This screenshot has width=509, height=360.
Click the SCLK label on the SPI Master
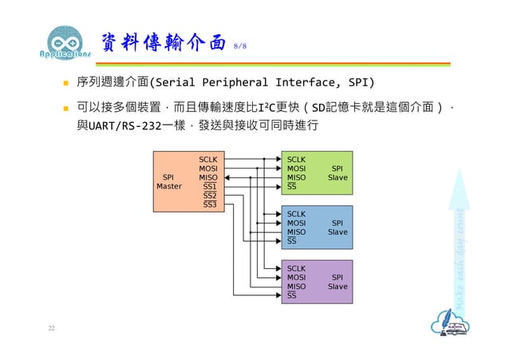(208, 160)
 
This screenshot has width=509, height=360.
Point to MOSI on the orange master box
(208, 168)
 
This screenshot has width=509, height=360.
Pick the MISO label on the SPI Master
(208, 177)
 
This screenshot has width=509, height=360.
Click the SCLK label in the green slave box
(297, 160)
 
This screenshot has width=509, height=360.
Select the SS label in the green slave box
(291, 186)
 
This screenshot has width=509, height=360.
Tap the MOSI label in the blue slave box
(296, 223)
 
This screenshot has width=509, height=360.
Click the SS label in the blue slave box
(291, 240)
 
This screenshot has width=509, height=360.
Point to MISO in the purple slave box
(296, 286)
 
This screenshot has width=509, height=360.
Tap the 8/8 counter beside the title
(239, 46)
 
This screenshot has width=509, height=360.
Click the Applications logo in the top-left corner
(65, 44)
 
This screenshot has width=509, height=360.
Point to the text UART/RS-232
(121, 126)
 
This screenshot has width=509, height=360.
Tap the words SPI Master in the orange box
(168, 182)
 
